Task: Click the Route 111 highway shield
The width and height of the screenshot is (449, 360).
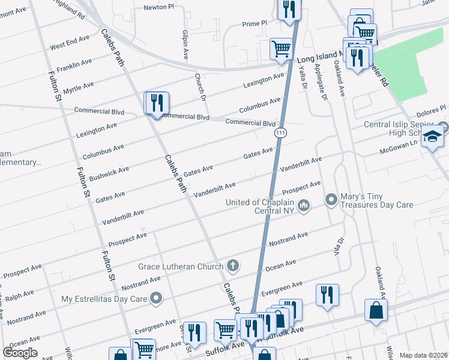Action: [x=280, y=131]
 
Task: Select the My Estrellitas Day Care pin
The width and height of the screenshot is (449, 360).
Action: [x=157, y=298]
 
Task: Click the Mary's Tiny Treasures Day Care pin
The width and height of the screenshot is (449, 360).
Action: [x=331, y=199]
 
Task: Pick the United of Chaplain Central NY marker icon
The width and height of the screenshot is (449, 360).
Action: [x=304, y=206]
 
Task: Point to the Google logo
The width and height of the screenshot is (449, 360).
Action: [x=19, y=353]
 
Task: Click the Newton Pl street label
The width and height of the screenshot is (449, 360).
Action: [x=158, y=8]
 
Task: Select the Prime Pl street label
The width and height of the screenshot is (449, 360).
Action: [x=255, y=23]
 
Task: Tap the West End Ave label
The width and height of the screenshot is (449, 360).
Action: [x=70, y=42]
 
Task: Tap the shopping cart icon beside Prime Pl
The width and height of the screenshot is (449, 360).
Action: [x=280, y=49]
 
